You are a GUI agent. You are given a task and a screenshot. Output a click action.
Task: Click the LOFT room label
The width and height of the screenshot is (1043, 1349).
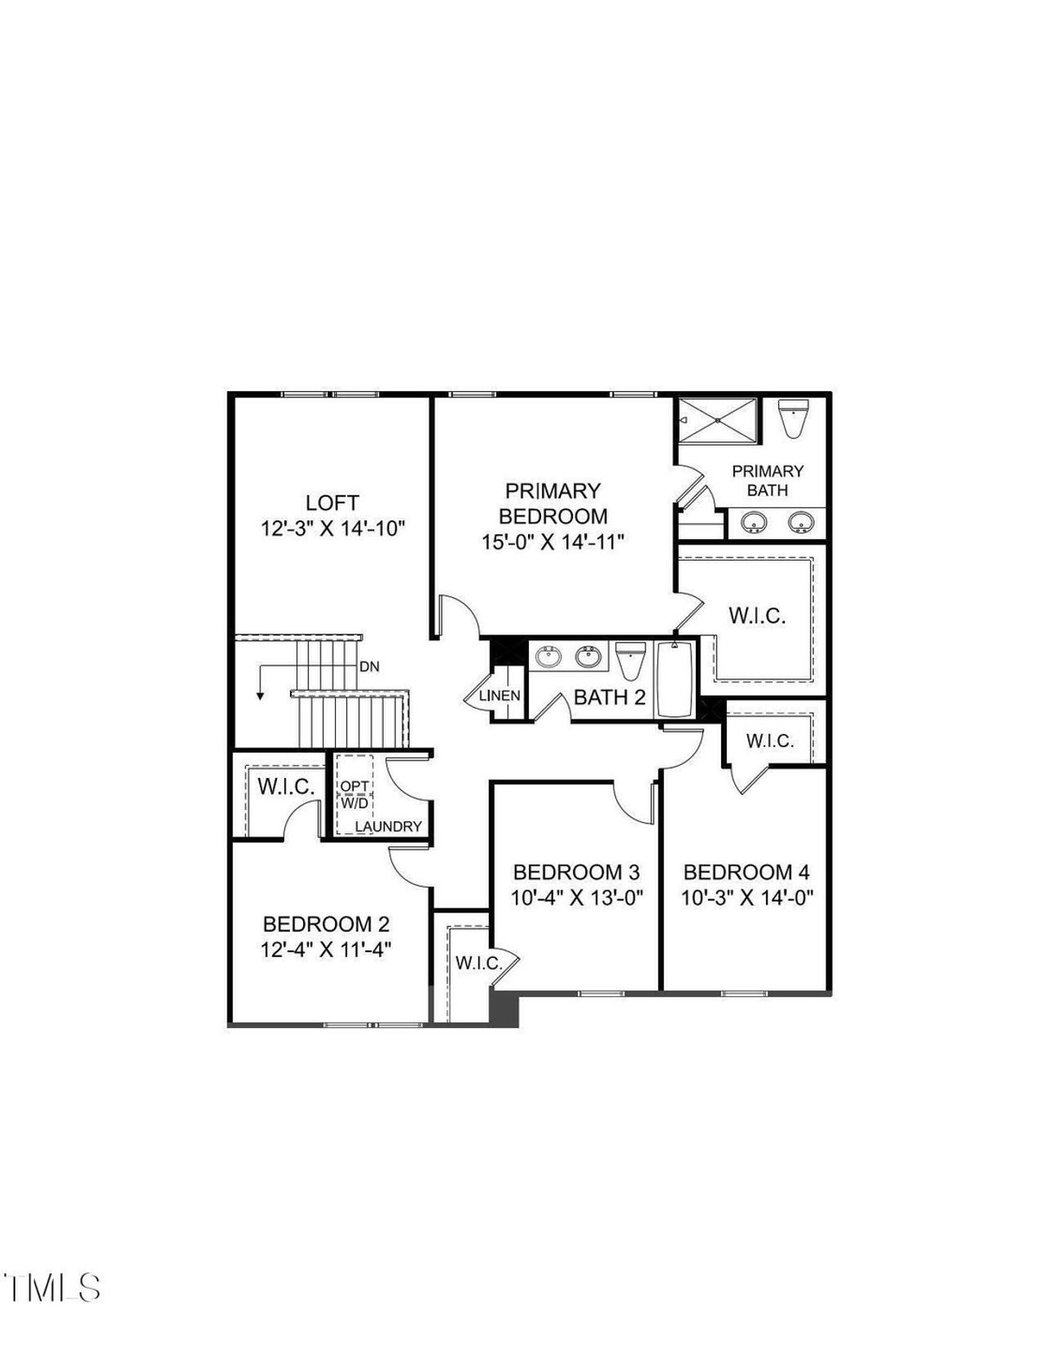(332, 503)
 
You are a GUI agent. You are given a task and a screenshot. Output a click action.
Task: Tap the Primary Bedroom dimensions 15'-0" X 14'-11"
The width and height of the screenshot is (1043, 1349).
(552, 542)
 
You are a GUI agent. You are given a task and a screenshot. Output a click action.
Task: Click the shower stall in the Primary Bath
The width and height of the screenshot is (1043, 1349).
(718, 420)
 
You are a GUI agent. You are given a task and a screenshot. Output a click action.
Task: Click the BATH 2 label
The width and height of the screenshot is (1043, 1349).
(610, 697)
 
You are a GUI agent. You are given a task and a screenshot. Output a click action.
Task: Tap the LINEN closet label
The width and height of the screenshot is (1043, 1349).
(499, 696)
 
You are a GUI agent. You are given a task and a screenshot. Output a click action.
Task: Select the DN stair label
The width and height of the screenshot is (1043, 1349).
(369, 666)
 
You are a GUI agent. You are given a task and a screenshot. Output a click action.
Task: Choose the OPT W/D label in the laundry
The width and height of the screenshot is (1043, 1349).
(354, 794)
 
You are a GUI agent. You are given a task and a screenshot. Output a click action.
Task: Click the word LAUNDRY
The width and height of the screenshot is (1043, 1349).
(389, 827)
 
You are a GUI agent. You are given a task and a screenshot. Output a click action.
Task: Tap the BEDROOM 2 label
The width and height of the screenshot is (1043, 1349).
(326, 925)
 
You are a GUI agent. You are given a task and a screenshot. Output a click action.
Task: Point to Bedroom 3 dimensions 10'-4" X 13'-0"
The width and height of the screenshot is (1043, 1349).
(577, 898)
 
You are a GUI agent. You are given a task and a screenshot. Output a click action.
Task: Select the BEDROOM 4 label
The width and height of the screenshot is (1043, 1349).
(746, 872)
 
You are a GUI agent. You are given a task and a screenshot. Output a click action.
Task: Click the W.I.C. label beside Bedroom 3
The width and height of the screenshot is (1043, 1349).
(477, 963)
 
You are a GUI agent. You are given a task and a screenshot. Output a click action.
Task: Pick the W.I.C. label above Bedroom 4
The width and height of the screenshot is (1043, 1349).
(769, 741)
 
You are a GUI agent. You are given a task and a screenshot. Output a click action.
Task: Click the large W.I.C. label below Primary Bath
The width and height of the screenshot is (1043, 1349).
(757, 616)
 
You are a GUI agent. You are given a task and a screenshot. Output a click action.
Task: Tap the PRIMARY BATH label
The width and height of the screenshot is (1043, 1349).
(768, 481)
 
